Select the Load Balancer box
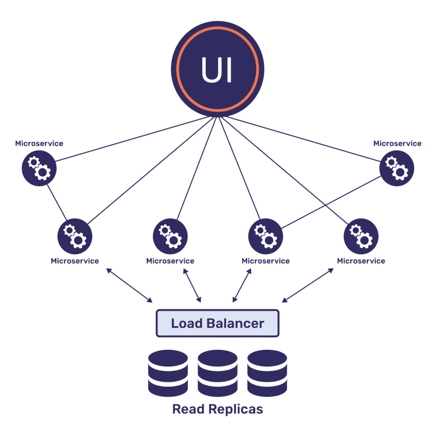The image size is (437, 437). point(217,323)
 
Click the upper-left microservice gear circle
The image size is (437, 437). point(39,168)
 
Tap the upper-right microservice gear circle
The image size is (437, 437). point(396,168)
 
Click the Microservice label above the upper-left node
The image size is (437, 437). point(39,143)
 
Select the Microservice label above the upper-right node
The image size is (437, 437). point(397,143)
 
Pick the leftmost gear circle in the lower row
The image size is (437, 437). point(75,236)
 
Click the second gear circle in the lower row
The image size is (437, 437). point(170,236)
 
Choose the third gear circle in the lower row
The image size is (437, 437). point(265,236)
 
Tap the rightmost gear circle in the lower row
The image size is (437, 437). point(361,236)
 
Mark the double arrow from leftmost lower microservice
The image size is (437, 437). point(129,286)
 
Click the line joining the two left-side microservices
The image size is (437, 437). point(57,202)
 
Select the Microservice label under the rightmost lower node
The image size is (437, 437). point(361,261)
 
